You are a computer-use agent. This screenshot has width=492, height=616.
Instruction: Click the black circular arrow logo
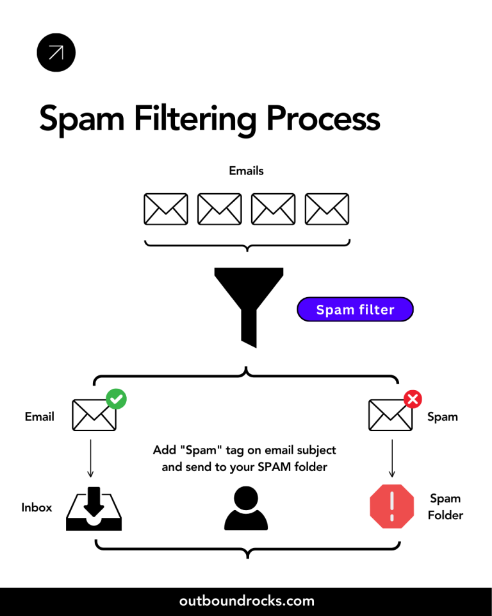point(56,53)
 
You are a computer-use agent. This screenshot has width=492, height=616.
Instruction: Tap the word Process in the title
point(323,119)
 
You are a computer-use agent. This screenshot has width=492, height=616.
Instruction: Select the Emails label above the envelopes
point(246,171)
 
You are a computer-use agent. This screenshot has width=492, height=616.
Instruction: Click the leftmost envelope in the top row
point(166,209)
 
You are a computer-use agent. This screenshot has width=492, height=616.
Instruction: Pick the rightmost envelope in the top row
point(327,209)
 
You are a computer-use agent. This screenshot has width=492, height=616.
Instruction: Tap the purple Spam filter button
point(355,310)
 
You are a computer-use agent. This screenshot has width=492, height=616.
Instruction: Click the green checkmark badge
point(116,399)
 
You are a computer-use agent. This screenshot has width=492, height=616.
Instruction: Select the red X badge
point(413,399)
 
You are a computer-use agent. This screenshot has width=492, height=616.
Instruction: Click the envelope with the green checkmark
point(94,415)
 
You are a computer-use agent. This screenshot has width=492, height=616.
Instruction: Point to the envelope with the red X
point(390,415)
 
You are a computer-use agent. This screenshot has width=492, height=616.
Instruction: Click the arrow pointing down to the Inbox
point(90,458)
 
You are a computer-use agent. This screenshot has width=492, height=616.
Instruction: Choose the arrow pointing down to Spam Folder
point(391,458)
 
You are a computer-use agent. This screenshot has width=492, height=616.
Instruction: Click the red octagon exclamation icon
point(391,506)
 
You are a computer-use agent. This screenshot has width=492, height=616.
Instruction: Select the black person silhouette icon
point(246,508)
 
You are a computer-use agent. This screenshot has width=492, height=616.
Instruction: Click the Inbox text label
point(37,508)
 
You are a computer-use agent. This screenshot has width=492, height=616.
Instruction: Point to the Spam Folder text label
point(445,507)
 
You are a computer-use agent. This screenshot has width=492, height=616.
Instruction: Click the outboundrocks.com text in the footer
point(247,601)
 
